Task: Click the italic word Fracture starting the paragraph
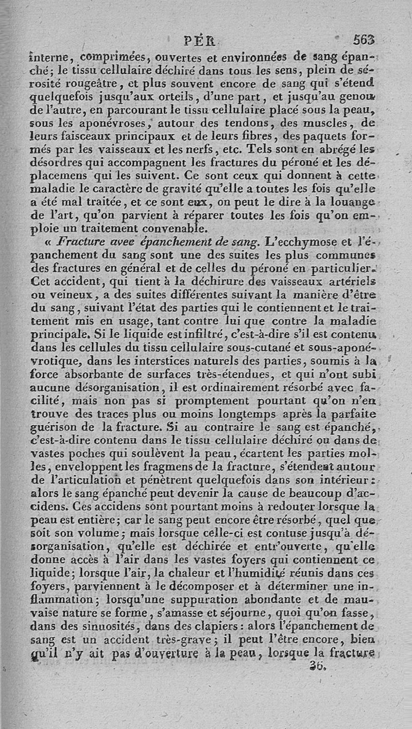click(x=78, y=242)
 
